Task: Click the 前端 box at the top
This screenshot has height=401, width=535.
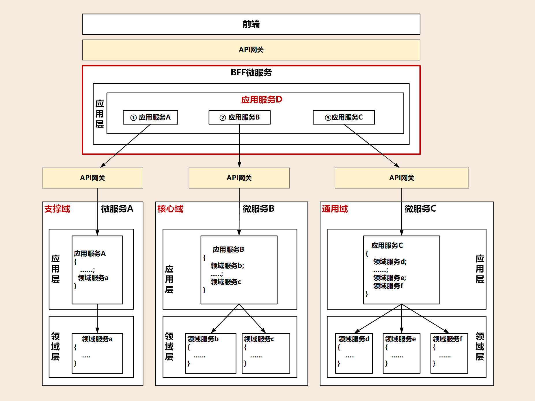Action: tap(251, 24)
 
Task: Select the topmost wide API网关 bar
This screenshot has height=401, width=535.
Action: tap(251, 50)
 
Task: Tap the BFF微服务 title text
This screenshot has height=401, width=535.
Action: tap(251, 72)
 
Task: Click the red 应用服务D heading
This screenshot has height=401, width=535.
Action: tap(262, 100)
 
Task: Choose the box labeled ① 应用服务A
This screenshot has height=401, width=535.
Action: tap(150, 117)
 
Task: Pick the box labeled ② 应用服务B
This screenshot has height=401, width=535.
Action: tap(239, 117)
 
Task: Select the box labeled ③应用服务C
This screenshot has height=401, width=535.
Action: tap(344, 117)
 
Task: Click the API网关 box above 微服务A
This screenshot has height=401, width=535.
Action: tap(92, 178)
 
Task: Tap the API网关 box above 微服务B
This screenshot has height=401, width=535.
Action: tap(239, 178)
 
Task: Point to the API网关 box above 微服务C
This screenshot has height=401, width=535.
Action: tap(401, 178)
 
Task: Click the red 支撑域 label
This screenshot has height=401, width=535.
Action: tap(57, 209)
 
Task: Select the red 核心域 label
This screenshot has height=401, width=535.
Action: tap(170, 209)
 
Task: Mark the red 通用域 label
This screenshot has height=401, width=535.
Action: tap(335, 209)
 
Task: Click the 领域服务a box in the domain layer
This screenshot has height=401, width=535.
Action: tap(97, 353)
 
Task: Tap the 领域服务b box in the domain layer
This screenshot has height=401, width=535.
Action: tap(210, 353)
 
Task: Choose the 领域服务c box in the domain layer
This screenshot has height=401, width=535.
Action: tap(266, 353)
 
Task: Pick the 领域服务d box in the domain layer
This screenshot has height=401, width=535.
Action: tap(354, 353)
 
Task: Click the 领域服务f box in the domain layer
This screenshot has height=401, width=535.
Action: tap(449, 353)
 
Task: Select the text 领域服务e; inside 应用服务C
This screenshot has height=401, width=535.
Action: tap(389, 278)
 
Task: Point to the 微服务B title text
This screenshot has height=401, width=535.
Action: tap(258, 209)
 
